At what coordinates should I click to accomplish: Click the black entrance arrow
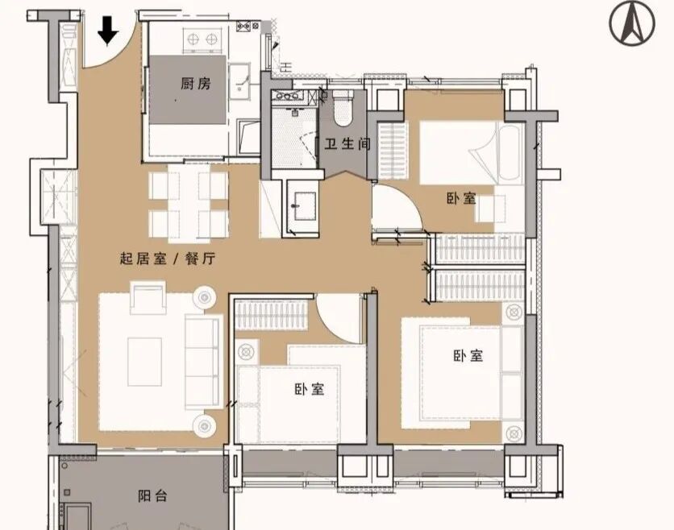[x=108, y=31]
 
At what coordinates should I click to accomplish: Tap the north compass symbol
[x=632, y=24]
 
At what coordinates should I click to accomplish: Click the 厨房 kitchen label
[x=196, y=83]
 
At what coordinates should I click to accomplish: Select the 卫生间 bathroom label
[x=347, y=143]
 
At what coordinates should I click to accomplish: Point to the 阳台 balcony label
[x=152, y=496]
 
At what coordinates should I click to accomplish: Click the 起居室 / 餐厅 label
[x=167, y=259]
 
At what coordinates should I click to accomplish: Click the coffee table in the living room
[x=145, y=362]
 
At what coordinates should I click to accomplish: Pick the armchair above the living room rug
[x=148, y=298]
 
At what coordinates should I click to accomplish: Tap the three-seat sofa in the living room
[x=203, y=362]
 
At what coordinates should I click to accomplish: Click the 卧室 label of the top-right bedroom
[x=461, y=198]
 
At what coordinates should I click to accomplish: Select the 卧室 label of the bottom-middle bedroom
[x=310, y=389]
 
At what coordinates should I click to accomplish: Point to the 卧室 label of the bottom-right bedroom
[x=468, y=356]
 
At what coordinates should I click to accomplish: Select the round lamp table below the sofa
[x=204, y=425]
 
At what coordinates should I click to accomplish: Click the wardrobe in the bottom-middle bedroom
[x=272, y=315]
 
